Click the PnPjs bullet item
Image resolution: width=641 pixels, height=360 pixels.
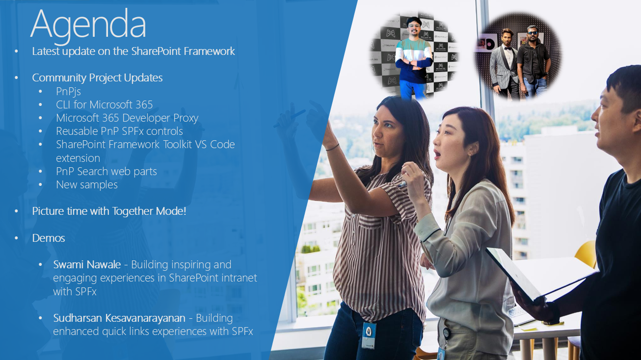pyautogui.click(x=68, y=92)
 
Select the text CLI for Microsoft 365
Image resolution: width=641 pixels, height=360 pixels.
pyautogui.click(x=104, y=104)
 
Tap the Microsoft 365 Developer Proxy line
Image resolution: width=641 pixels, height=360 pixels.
pyautogui.click(x=127, y=118)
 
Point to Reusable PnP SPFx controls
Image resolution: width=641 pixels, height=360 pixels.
pyautogui.click(x=119, y=131)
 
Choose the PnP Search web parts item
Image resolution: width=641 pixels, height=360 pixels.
pyautogui.click(x=107, y=171)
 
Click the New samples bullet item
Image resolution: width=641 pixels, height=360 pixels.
pyautogui.click(x=87, y=184)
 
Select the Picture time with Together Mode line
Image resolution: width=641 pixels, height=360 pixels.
pyautogui.click(x=109, y=211)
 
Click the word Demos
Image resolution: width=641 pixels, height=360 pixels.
pyautogui.click(x=49, y=238)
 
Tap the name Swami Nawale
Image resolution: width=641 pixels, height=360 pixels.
pyautogui.click(x=87, y=264)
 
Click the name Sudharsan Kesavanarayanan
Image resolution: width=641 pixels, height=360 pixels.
pyautogui.click(x=119, y=318)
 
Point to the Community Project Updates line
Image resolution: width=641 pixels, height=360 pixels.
pyautogui.click(x=97, y=78)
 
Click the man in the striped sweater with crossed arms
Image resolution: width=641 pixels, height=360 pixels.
pyautogui.click(x=414, y=57)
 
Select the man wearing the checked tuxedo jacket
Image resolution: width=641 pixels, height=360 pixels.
pyautogui.click(x=505, y=64)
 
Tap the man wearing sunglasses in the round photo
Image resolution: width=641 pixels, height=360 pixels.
pyautogui.click(x=534, y=61)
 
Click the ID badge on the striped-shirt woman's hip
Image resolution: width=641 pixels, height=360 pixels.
pyautogui.click(x=369, y=335)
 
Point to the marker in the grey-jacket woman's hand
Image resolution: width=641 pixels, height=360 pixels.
pyautogui.click(x=402, y=184)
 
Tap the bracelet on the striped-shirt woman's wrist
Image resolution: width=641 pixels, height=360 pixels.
pyautogui.click(x=332, y=148)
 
